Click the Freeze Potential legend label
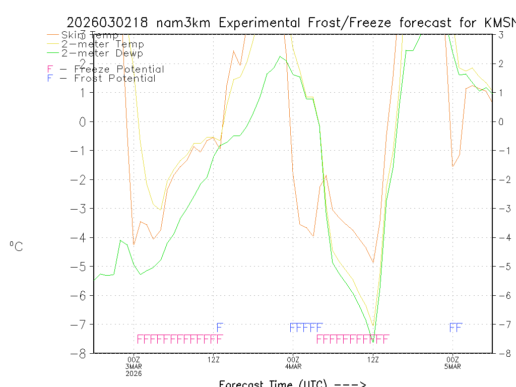[105, 70]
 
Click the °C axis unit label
[16, 247]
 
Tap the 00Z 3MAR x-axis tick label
[134, 365]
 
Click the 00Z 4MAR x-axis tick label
[293, 362]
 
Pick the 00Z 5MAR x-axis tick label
[452, 362]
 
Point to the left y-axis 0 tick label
[84, 121]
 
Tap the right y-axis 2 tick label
[501, 63]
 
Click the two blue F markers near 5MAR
[456, 328]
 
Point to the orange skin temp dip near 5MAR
[453, 166]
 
